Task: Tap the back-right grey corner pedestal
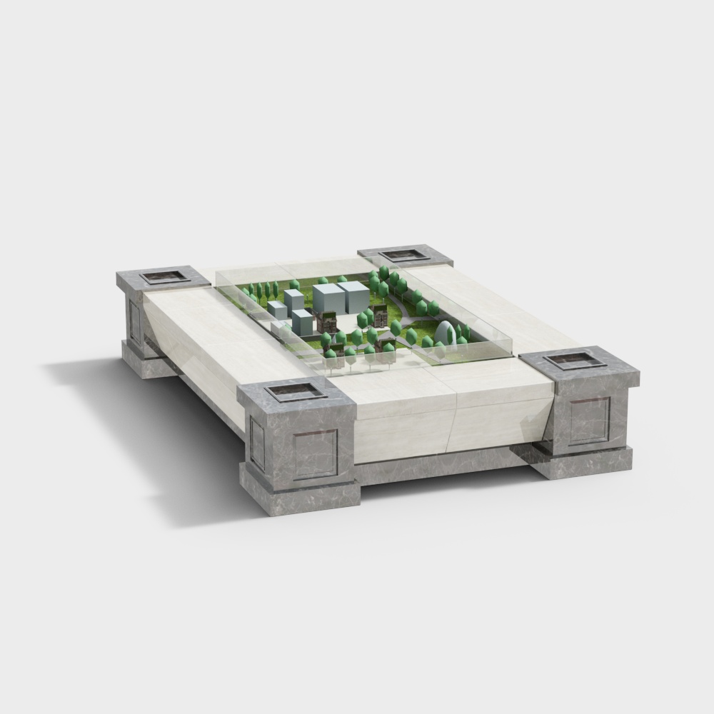(x=406, y=256)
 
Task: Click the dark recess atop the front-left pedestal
(x=296, y=391)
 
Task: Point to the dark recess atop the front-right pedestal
(x=575, y=360)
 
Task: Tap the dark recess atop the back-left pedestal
(x=166, y=277)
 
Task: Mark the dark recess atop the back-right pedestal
(x=404, y=255)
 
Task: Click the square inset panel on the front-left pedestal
(x=315, y=454)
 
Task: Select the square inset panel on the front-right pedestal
(x=589, y=421)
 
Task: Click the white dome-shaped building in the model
(x=446, y=333)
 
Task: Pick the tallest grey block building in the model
(x=328, y=298)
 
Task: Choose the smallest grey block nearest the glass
(x=277, y=310)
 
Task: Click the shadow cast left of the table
(x=143, y=428)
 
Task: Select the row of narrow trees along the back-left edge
(x=261, y=290)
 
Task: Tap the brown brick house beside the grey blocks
(x=328, y=322)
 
